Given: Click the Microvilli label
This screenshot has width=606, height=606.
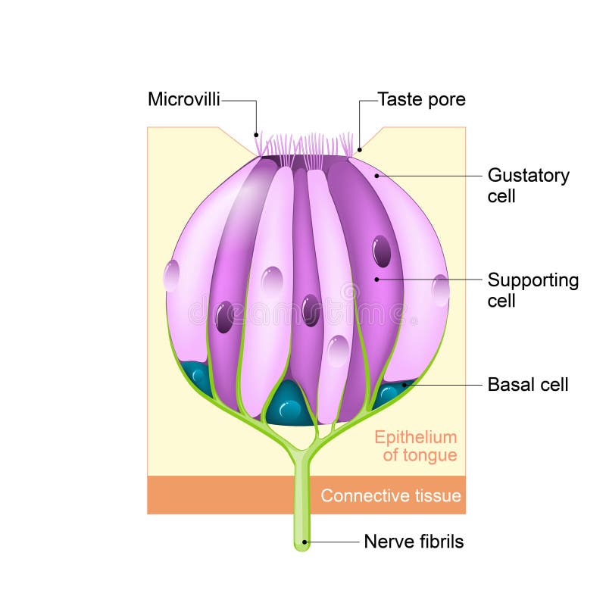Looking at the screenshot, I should coord(184,99).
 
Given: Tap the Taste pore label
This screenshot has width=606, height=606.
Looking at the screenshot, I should coord(421,99).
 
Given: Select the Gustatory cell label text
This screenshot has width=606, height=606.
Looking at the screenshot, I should coord(528,186).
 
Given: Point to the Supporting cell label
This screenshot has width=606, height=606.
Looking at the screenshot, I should coord(533,290).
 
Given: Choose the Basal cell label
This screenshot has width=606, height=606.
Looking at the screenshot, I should coord(527,385).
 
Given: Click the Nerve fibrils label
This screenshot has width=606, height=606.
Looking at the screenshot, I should coord(414,542).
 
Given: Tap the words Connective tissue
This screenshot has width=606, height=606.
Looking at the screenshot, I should coord(390,496).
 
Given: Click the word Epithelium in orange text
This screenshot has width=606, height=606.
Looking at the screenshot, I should coord(416,437).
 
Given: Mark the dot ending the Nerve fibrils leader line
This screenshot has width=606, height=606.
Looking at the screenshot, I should coord(305,542).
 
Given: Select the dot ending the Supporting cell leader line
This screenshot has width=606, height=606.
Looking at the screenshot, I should coord(376,280).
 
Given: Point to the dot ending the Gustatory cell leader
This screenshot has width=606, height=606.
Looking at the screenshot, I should coord(376,176).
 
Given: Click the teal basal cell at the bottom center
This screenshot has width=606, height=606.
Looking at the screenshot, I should coord(289,408).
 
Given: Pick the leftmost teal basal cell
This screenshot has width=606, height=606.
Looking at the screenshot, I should coord(198,376).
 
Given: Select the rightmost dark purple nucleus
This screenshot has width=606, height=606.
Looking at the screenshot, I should coord(382,251).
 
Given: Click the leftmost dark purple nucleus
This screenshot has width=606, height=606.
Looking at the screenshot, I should coord(224,317).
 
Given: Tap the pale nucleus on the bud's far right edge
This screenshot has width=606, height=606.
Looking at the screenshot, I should coord(440,290).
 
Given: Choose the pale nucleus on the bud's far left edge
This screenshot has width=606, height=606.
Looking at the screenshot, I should coord(171,276).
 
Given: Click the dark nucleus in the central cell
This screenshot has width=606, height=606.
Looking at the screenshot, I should coord(311,310).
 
